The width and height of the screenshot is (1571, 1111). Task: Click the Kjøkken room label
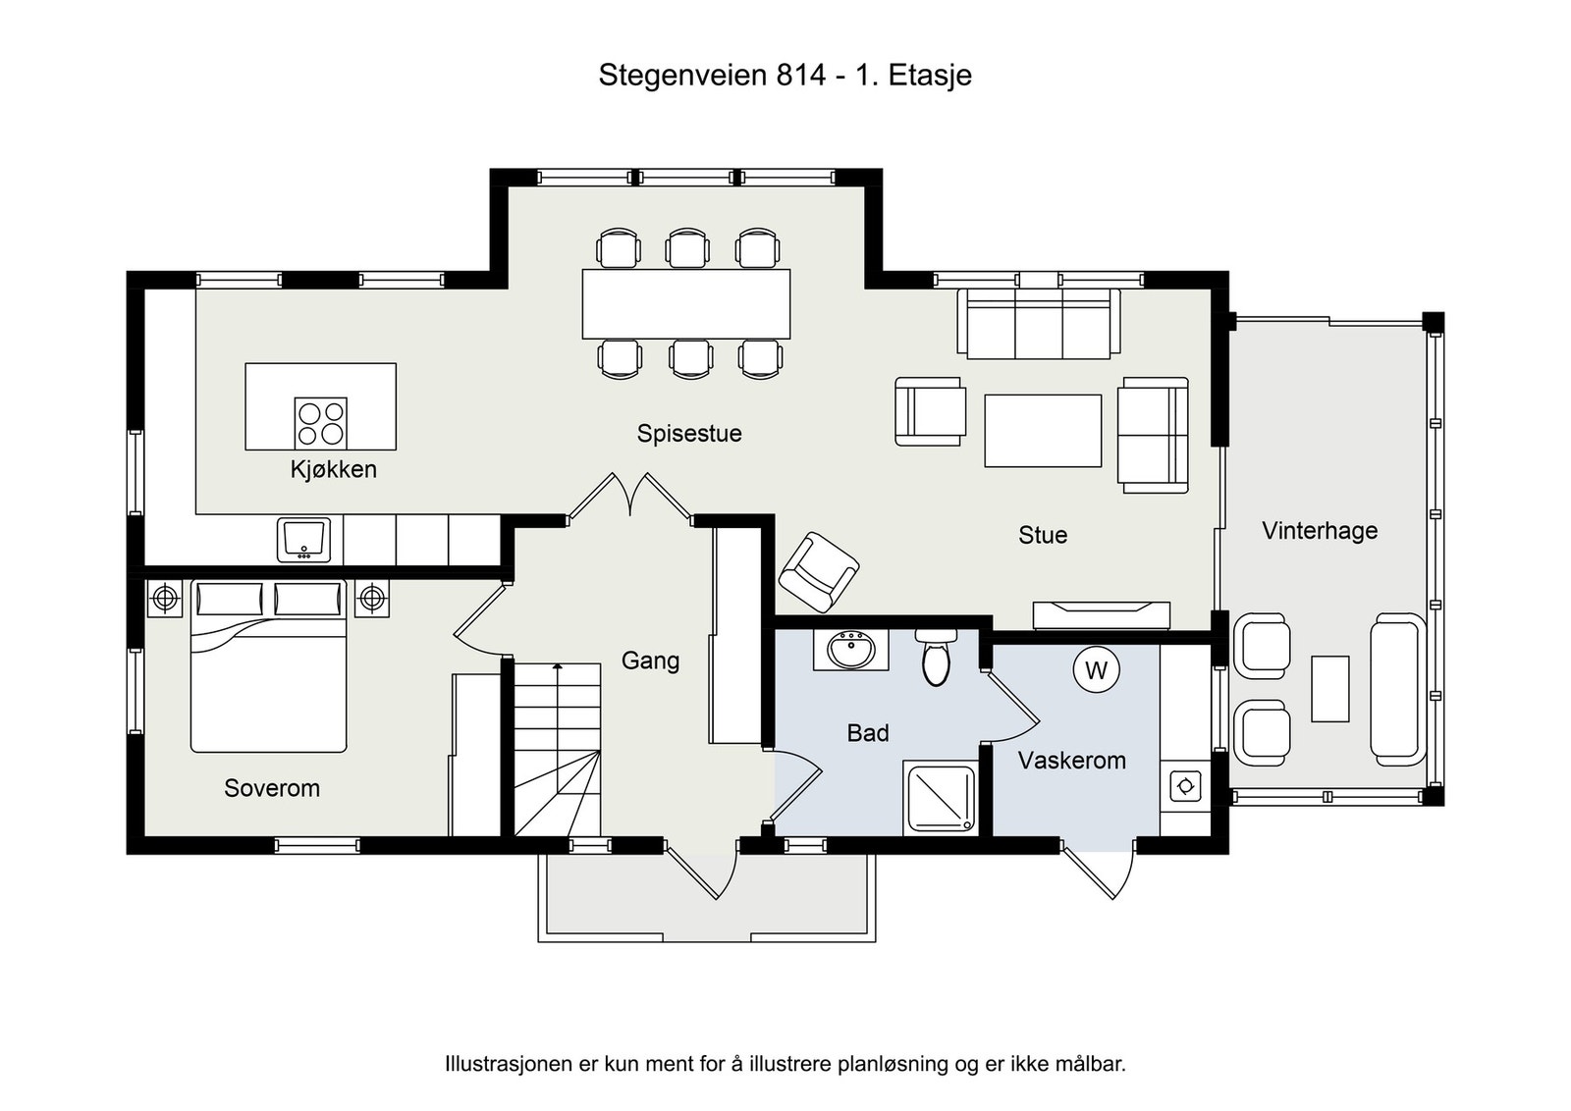click(333, 469)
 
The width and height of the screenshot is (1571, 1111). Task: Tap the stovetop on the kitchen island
click(321, 423)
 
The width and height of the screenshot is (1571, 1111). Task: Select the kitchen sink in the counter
click(303, 540)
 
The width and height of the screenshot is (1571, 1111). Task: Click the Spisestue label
click(688, 434)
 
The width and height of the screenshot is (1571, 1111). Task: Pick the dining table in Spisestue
click(685, 303)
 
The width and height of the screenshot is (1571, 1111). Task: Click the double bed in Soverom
click(268, 677)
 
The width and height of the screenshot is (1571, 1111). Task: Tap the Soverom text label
click(272, 788)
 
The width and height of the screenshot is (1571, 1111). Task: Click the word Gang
click(650, 661)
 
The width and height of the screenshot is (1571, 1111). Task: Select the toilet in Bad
click(937, 658)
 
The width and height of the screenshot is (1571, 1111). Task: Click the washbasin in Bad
click(851, 650)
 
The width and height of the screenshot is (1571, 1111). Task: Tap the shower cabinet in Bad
click(941, 799)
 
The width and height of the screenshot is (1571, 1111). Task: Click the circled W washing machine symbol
click(1096, 670)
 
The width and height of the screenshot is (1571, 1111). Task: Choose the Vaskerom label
click(1071, 761)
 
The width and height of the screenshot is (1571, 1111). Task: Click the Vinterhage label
click(1319, 531)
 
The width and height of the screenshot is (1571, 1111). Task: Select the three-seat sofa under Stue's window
click(1039, 324)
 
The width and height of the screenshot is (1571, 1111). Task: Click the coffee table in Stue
click(1043, 430)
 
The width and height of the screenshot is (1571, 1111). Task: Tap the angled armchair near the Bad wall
click(818, 572)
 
